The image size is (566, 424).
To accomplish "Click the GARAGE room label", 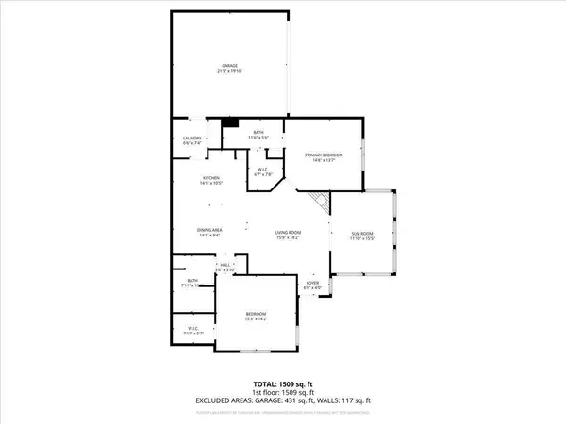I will pos(230,65).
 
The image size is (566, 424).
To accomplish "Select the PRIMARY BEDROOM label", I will pos(324,155).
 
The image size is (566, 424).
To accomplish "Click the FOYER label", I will pos(312,283).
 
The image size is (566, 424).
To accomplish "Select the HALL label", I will pos(226,266).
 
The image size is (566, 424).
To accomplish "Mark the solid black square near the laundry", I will pos(228,122).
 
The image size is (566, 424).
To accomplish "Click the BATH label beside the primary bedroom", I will pos(258,133).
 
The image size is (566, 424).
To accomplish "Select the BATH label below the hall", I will pos(191,281).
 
